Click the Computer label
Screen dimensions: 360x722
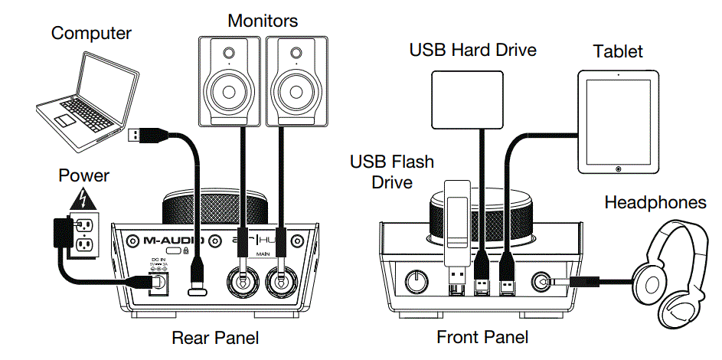click(x=91, y=33)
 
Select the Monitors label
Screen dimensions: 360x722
click(x=263, y=20)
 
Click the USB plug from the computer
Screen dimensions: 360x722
click(x=135, y=136)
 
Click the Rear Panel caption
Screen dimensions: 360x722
click(x=215, y=337)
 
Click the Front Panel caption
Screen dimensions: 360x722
click(x=482, y=337)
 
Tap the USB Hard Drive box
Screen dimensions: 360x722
click(x=467, y=97)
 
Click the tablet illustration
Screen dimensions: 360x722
click(x=616, y=123)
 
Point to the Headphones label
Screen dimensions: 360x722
click(x=655, y=202)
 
